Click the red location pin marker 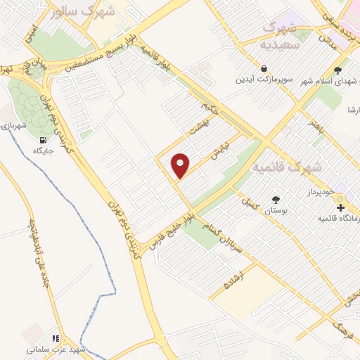tap(181, 165)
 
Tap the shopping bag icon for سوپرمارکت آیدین tap(263, 69)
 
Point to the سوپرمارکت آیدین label tap(262, 79)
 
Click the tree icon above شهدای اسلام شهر tap(338, 70)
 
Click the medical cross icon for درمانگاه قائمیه tap(340, 207)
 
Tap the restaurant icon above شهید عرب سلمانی tap(56, 338)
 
